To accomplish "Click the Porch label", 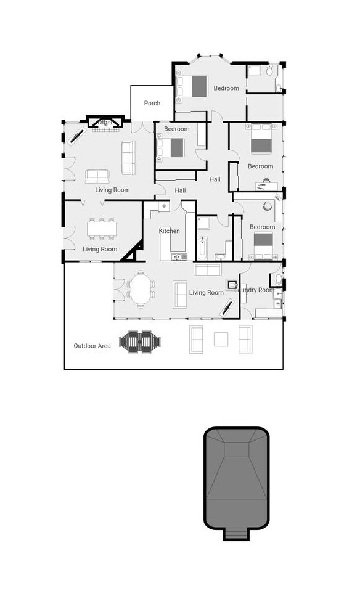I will pyautogui.click(x=152, y=103).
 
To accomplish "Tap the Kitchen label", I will pyautogui.click(x=170, y=231).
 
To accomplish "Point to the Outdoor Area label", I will pyautogui.click(x=92, y=346).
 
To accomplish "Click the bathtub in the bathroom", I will pyautogui.click(x=203, y=248).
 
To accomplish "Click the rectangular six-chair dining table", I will pyautogui.click(x=102, y=229).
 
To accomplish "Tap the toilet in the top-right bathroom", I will pyautogui.click(x=270, y=71).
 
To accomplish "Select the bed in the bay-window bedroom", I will pyautogui.click(x=194, y=86).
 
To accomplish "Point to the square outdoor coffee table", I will pyautogui.click(x=221, y=339).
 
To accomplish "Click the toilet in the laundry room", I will pyautogui.click(x=278, y=281).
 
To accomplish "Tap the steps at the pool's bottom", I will pyautogui.click(x=236, y=533).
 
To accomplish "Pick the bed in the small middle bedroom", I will pyautogui.click(x=172, y=147).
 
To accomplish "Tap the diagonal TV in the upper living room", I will pyautogui.click(x=77, y=134).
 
